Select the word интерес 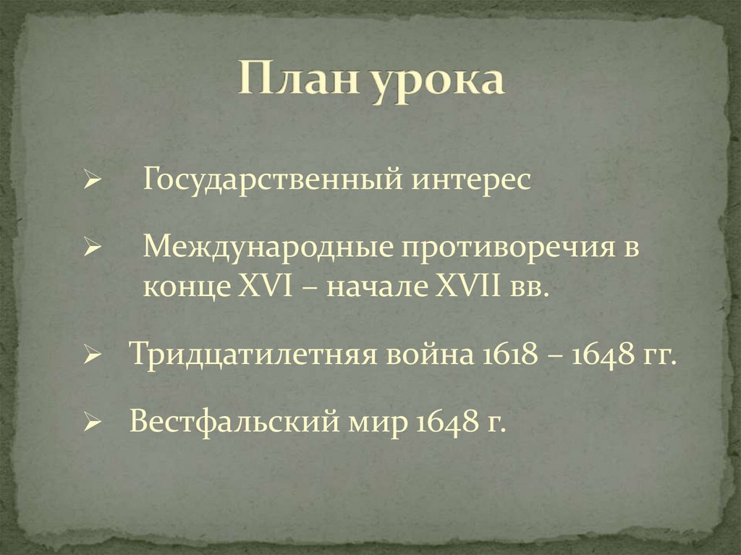[472, 179]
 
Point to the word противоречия [500, 248]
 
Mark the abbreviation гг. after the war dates [659, 357]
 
